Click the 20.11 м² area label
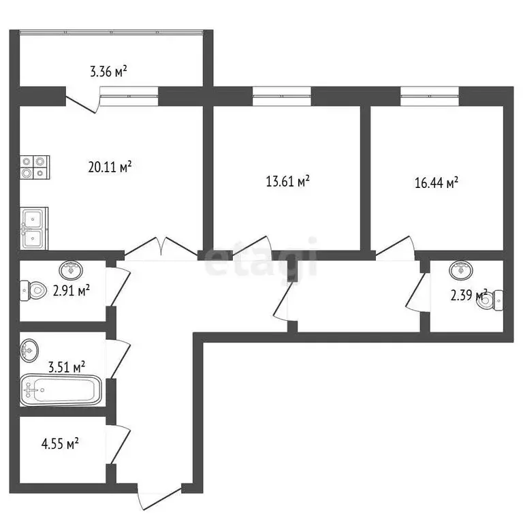click(x=110, y=166)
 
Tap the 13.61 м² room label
click(x=287, y=181)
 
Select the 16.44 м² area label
click(x=437, y=183)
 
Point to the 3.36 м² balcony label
click(x=109, y=71)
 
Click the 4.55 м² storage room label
click(x=60, y=443)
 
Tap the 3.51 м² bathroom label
click(x=66, y=367)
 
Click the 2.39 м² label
click(x=469, y=296)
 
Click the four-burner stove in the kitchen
click(x=35, y=168)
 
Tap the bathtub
click(x=60, y=391)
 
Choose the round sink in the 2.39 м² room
click(x=462, y=270)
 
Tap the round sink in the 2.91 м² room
click(x=71, y=270)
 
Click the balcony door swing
click(x=83, y=101)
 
